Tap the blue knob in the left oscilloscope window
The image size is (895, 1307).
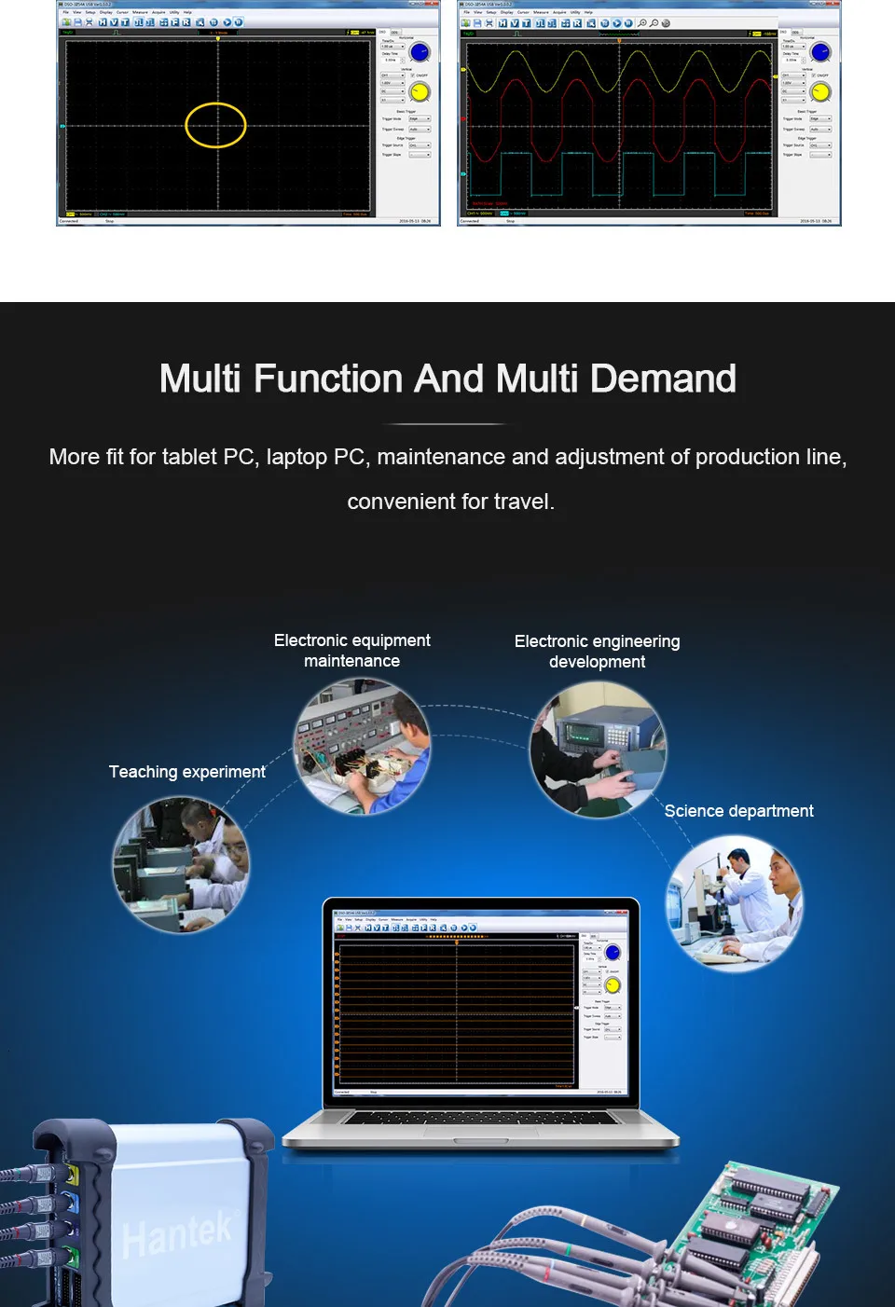point(420,53)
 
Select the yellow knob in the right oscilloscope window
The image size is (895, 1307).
point(820,92)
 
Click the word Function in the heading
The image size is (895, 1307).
point(329,379)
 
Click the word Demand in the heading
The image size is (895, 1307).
point(663,379)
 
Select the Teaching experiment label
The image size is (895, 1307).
point(186,772)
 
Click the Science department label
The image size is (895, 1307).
point(738,811)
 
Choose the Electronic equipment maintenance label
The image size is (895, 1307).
point(351,651)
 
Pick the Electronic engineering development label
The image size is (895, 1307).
point(597,652)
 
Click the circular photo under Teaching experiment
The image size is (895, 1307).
point(181,865)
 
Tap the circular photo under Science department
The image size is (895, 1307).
point(734,903)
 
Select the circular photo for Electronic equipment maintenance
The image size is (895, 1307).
point(363,747)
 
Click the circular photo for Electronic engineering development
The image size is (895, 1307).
point(599,750)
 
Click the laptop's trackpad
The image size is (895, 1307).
point(480,1140)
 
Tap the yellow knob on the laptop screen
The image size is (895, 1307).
point(613,985)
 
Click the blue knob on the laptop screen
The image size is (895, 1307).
point(613,953)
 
